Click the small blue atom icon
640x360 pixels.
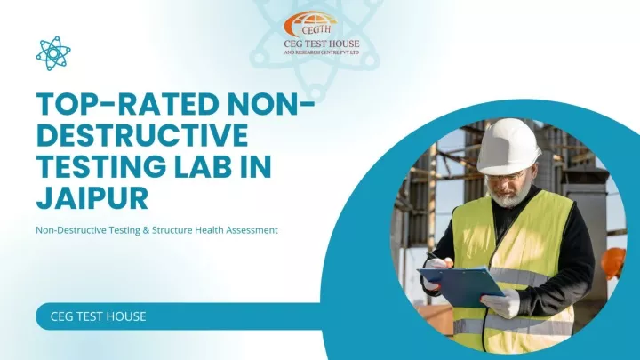click(53, 53)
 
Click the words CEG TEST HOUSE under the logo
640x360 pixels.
click(322, 44)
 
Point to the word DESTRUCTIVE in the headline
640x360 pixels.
click(142, 135)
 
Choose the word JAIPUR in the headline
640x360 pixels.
click(92, 198)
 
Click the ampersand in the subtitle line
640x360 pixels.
click(146, 230)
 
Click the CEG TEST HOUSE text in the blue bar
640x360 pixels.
click(98, 316)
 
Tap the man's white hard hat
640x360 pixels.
click(508, 146)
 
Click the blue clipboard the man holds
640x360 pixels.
click(461, 285)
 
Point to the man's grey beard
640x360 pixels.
click(510, 196)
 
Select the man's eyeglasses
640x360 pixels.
click(505, 178)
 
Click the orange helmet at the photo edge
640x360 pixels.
click(613, 262)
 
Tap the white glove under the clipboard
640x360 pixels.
click(500, 303)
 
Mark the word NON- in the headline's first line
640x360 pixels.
click(270, 104)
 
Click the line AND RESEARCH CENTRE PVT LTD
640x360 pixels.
click(322, 52)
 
